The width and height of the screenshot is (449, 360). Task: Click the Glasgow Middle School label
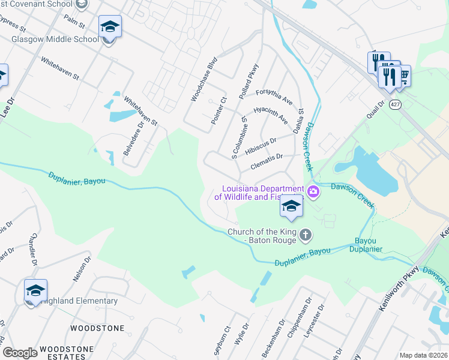[55, 40]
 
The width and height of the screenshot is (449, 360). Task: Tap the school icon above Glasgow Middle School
[110, 27]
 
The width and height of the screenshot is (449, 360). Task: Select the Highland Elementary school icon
[35, 291]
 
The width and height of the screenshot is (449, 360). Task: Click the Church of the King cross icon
[306, 234]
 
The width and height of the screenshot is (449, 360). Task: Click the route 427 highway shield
[394, 104]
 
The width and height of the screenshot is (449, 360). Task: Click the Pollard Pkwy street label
[248, 77]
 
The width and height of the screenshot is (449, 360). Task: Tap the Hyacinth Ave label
[271, 115]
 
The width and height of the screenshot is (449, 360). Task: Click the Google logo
[20, 353]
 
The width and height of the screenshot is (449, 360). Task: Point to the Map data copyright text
[423, 355]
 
